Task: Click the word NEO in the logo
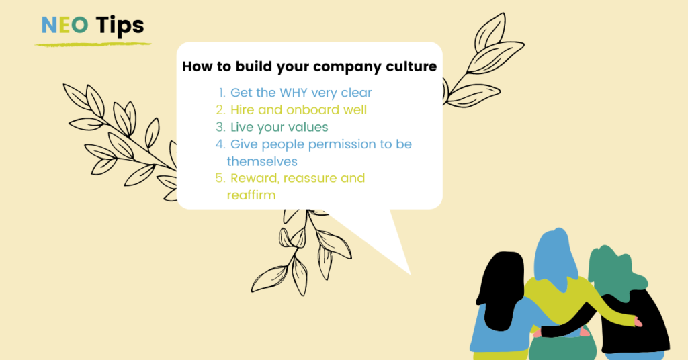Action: (65, 25)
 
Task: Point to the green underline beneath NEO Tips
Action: (93, 44)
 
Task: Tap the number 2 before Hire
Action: (220, 109)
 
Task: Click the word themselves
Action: (262, 161)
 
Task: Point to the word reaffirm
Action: (251, 195)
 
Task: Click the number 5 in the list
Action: (220, 178)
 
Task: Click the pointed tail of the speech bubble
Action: (410, 273)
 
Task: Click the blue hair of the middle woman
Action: (556, 255)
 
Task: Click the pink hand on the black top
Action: (638, 323)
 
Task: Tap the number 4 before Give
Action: (220, 144)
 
